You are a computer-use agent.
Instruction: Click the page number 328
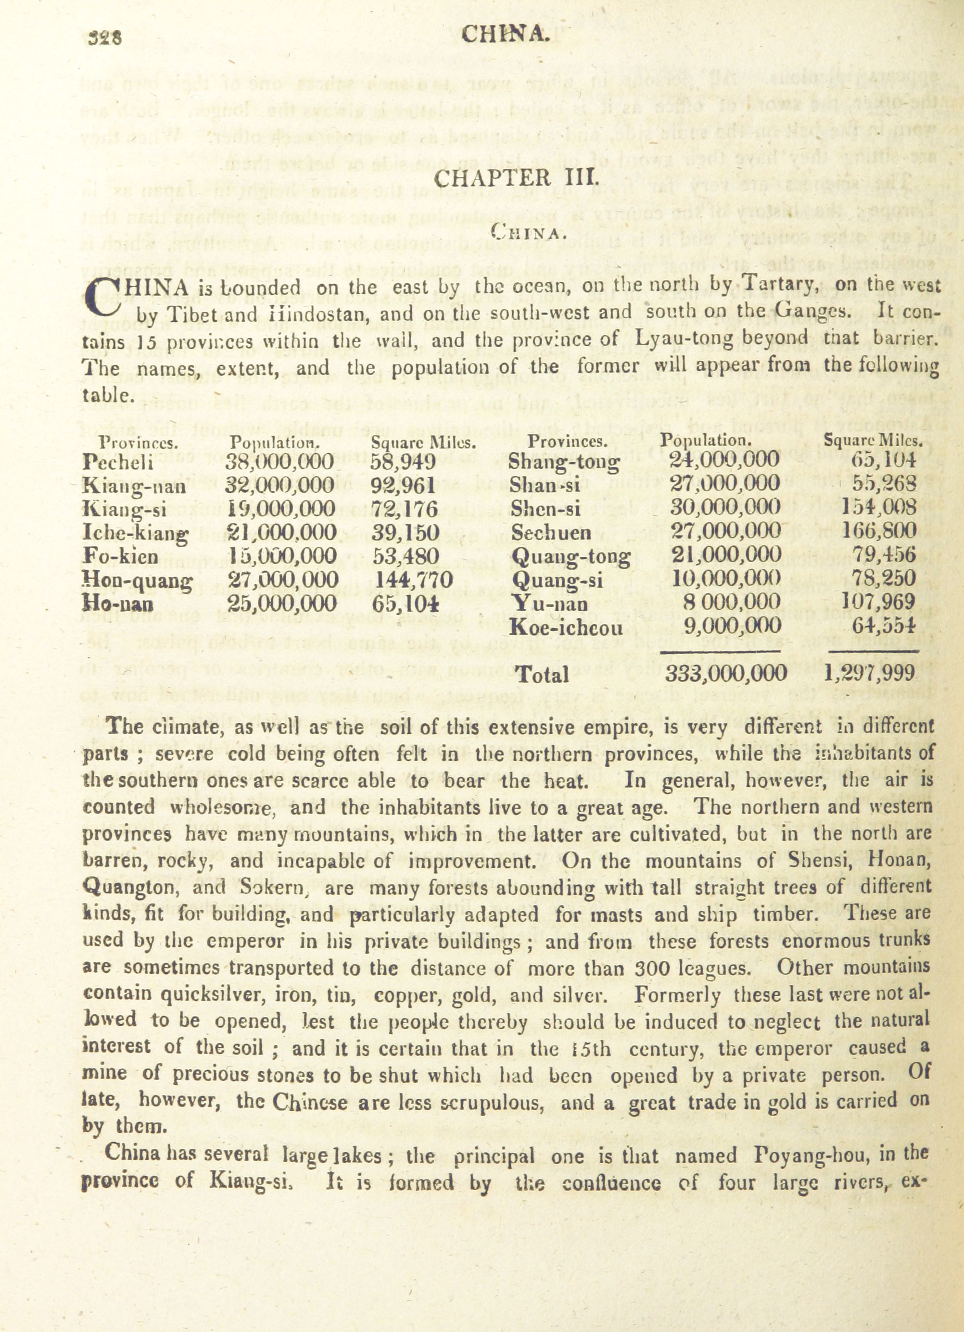(105, 38)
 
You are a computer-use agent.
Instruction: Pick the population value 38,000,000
(279, 462)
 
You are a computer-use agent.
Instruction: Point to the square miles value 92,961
(403, 485)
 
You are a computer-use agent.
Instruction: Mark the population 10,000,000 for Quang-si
(726, 579)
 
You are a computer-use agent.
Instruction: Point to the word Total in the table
(542, 675)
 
